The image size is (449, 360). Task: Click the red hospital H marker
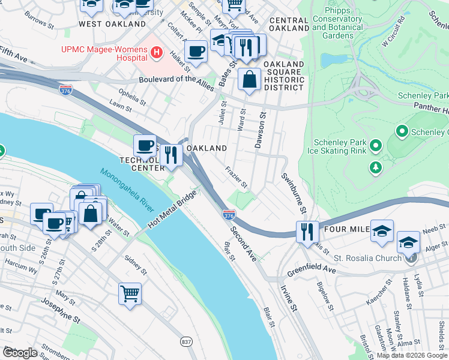click(157, 53)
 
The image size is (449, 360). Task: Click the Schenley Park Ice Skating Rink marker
click(376, 145)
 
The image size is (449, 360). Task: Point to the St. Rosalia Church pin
click(411, 259)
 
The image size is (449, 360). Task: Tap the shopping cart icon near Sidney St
click(130, 294)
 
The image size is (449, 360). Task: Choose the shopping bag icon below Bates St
click(249, 79)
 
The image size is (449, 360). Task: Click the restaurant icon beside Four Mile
click(307, 231)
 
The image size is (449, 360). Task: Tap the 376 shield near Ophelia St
click(66, 89)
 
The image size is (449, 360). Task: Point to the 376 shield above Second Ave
click(229, 214)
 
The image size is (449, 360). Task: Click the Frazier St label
click(237, 176)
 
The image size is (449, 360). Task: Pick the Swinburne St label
click(293, 193)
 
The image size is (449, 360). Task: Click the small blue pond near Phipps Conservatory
click(330, 60)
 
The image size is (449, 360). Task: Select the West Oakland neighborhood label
click(112, 24)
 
